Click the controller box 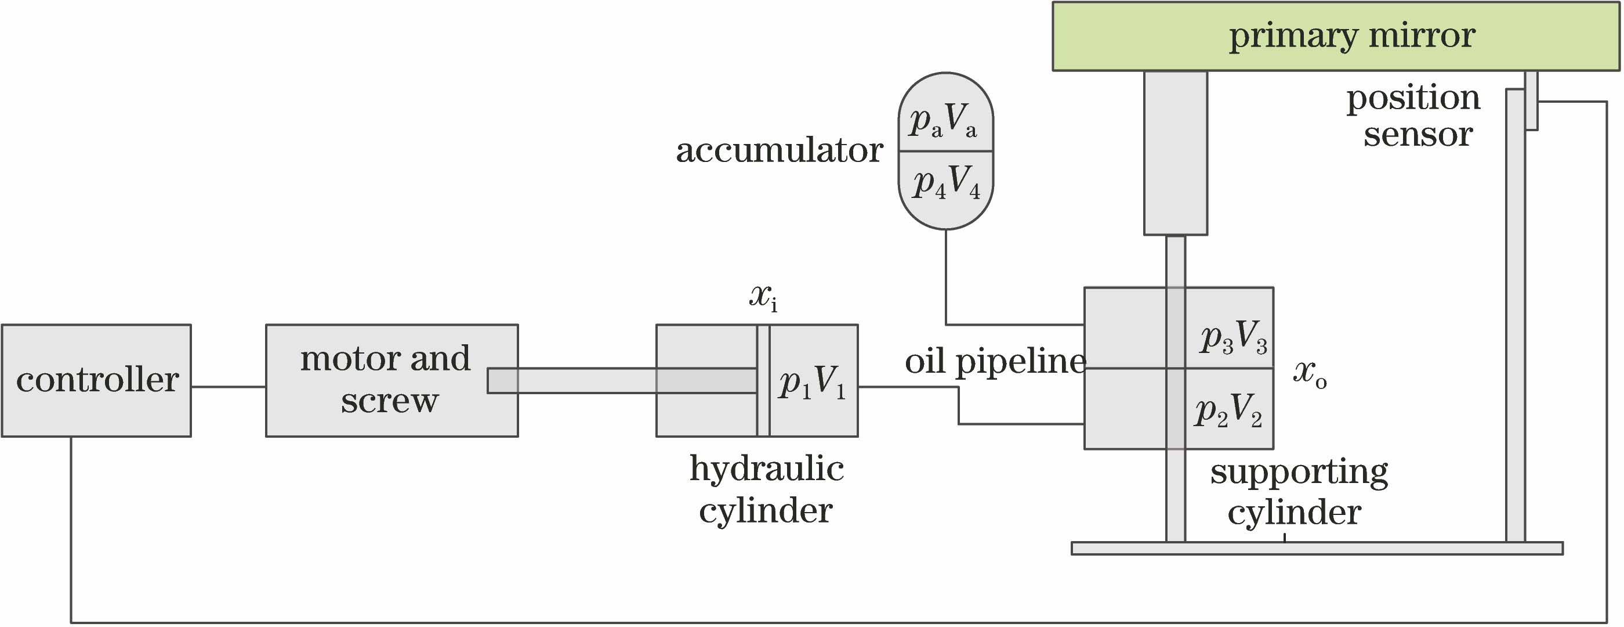[x=96, y=380]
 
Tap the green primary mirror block [x=1335, y=36]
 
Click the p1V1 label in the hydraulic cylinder [x=812, y=382]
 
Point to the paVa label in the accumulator [x=944, y=119]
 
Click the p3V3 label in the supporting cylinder [x=1233, y=337]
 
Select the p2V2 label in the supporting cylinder [x=1228, y=410]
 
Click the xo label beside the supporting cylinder [x=1310, y=373]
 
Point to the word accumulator [x=779, y=151]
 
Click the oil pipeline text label [x=995, y=362]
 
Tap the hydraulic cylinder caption [x=766, y=489]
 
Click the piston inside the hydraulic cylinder [x=763, y=380]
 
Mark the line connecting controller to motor [x=228, y=387]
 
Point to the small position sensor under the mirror [x=1531, y=101]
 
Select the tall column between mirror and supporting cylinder [x=1175, y=153]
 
